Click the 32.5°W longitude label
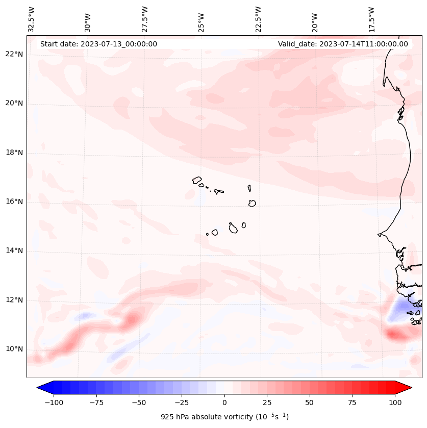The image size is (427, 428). (32, 19)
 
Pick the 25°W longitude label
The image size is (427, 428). (202, 19)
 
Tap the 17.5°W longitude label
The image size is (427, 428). (371, 19)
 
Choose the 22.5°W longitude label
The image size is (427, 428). (258, 19)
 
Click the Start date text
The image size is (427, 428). (98, 44)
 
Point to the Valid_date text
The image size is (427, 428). (343, 44)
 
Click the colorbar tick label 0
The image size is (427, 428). (224, 402)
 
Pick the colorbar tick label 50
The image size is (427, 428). (310, 402)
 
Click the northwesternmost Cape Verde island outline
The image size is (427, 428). (197, 180)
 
